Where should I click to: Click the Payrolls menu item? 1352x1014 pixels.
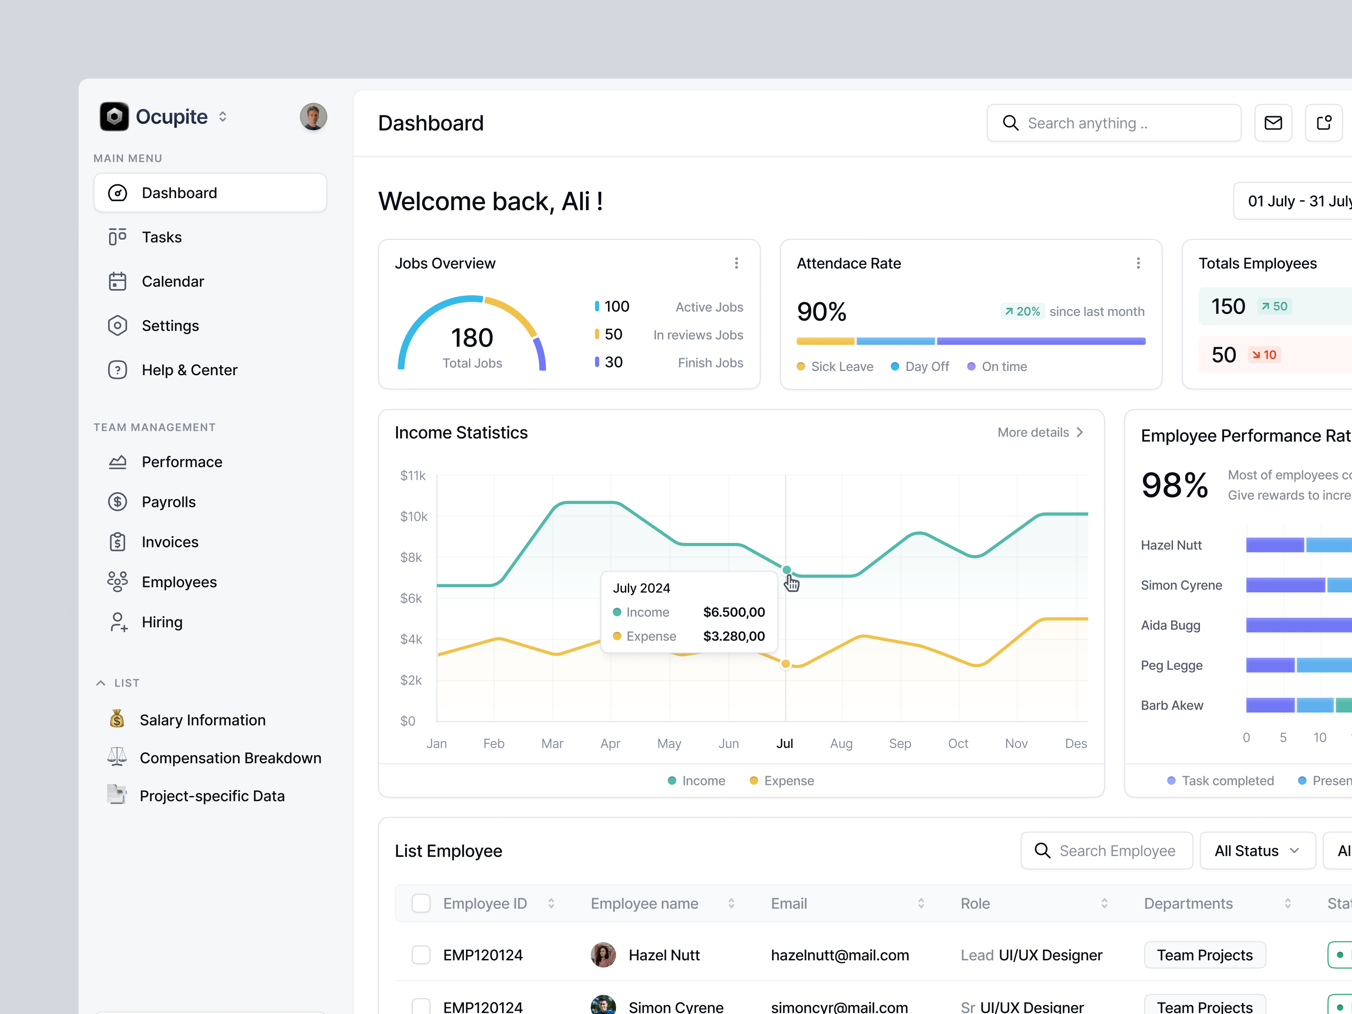pyautogui.click(x=168, y=502)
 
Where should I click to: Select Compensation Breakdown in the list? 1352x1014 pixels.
pyautogui.click(x=230, y=758)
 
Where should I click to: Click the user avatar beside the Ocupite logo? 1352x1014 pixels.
pyautogui.click(x=313, y=116)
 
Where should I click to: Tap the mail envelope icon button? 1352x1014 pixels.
pyautogui.click(x=1273, y=123)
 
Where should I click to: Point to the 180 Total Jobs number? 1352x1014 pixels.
pyautogui.click(x=472, y=338)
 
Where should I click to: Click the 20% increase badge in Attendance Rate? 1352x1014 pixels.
pyautogui.click(x=1022, y=312)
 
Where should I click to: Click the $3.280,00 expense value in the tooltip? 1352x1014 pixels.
pyautogui.click(x=733, y=636)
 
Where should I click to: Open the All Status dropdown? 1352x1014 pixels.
pyautogui.click(x=1257, y=851)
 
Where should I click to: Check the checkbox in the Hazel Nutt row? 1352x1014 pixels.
pyautogui.click(x=420, y=955)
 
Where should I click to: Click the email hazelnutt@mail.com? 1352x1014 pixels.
pyautogui.click(x=840, y=955)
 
